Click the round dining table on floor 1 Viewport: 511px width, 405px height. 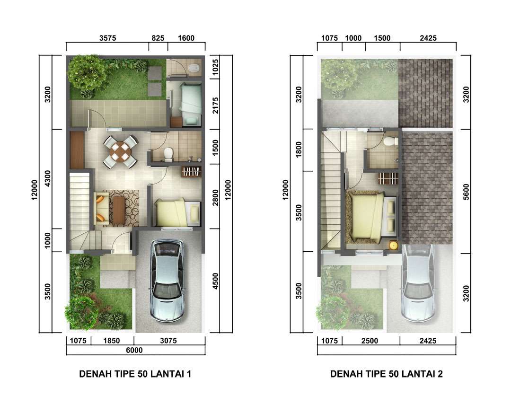pos(121,151)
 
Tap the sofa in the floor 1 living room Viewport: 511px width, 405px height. pos(101,209)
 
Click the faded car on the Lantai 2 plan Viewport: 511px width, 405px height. pos(418,283)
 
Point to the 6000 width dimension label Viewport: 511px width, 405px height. pos(134,350)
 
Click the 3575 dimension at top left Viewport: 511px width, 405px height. pos(107,38)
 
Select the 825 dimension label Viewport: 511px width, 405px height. pos(158,38)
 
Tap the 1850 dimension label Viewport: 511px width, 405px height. pos(112,341)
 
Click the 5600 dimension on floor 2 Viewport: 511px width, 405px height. pos(466,192)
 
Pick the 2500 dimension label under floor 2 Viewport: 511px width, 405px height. pos(370,341)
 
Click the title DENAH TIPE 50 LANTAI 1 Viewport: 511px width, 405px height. pos(135,374)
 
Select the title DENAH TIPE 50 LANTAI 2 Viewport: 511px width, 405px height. pos(386,374)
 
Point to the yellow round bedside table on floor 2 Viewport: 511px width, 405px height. pos(394,245)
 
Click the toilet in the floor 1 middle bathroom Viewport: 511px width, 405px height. pos(168,154)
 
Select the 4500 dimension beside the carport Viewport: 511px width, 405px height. pos(215,281)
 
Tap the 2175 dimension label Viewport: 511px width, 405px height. pos(215,105)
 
